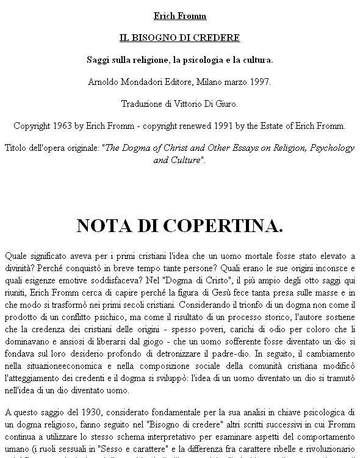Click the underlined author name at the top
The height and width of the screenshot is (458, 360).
179,16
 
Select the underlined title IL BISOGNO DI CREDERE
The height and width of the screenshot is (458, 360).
179,38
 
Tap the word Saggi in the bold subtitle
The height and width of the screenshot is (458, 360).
98,60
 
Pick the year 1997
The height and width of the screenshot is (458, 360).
259,82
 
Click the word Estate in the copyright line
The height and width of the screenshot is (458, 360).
289,126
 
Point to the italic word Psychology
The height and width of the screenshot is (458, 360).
331,148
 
